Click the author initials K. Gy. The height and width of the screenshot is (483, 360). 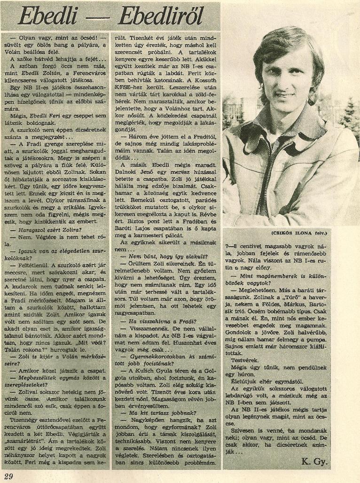pos(315,462)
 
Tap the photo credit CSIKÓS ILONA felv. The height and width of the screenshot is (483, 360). pos(299,233)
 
